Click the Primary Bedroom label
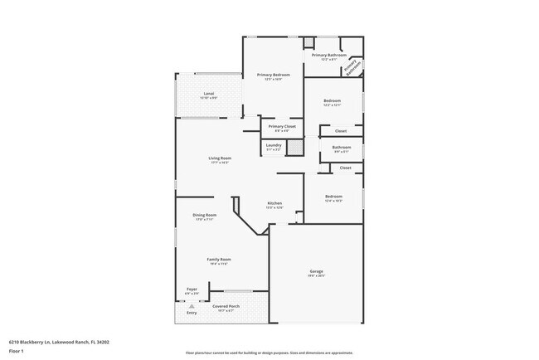[x=273, y=75]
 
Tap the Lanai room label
[x=209, y=94]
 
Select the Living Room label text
[x=220, y=158]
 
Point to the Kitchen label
[x=274, y=204]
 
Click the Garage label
[x=317, y=271]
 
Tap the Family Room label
[x=219, y=260]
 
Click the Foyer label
[x=191, y=289]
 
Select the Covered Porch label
[x=226, y=304]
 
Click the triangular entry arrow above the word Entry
[x=192, y=305]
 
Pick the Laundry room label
[x=273, y=145]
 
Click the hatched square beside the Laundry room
[x=292, y=146]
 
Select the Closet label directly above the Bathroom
[x=341, y=131]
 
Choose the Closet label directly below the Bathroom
[x=345, y=168]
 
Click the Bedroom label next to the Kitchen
[x=333, y=197]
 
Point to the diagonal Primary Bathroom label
[x=352, y=67]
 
